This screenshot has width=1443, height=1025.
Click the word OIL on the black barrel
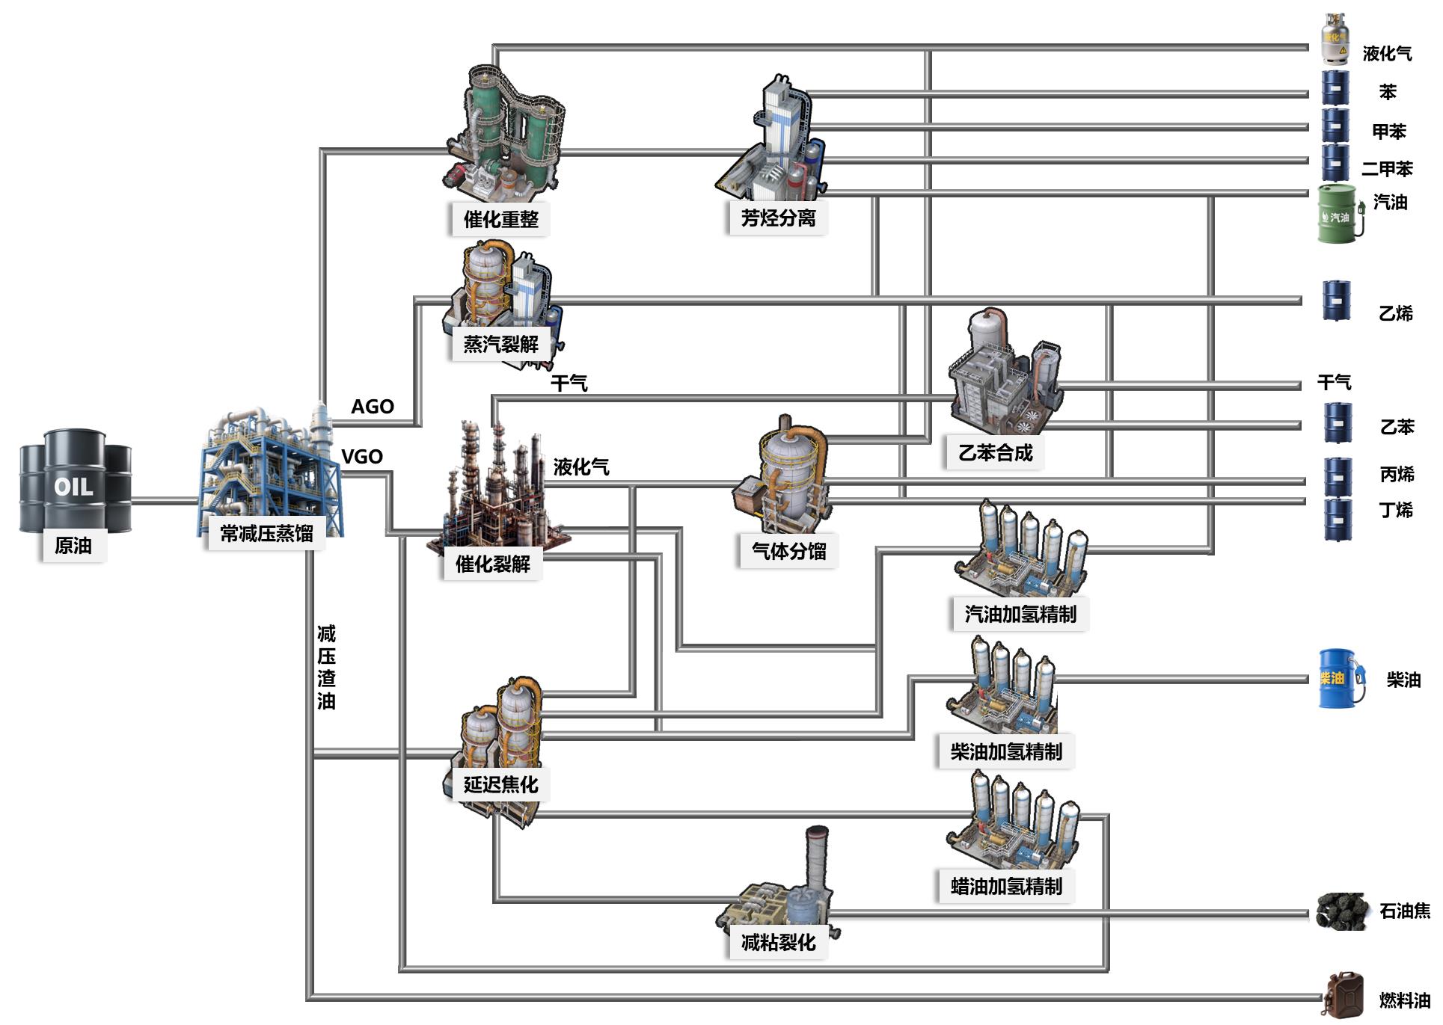pyautogui.click(x=73, y=487)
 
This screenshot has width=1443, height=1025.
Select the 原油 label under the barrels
pyautogui.click(x=73, y=546)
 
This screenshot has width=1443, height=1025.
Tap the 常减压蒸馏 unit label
pyautogui.click(x=266, y=533)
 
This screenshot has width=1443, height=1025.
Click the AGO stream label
pyautogui.click(x=373, y=407)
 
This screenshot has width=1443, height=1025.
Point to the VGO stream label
pyautogui.click(x=362, y=457)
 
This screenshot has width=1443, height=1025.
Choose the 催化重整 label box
pyautogui.click(x=500, y=219)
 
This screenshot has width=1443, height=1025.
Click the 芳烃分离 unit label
pyautogui.click(x=778, y=218)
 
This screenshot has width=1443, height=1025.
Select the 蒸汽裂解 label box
pyautogui.click(x=500, y=344)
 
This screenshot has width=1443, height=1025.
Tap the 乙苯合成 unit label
pyautogui.click(x=995, y=452)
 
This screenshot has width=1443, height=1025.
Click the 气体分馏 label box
pyautogui.click(x=788, y=551)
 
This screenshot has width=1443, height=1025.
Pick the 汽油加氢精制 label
pyautogui.click(x=1020, y=614)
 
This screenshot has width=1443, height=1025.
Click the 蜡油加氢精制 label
pyautogui.click(x=1006, y=886)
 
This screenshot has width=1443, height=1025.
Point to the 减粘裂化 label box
pyautogui.click(x=778, y=942)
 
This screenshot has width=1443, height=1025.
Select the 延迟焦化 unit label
pyautogui.click(x=500, y=784)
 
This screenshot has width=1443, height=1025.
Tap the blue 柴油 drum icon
pyautogui.click(x=1337, y=678)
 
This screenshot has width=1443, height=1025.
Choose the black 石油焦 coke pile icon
pyautogui.click(x=1342, y=911)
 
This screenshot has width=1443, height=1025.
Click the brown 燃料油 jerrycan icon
pyautogui.click(x=1342, y=995)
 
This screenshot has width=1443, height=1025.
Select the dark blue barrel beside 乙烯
pyautogui.click(x=1337, y=301)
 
